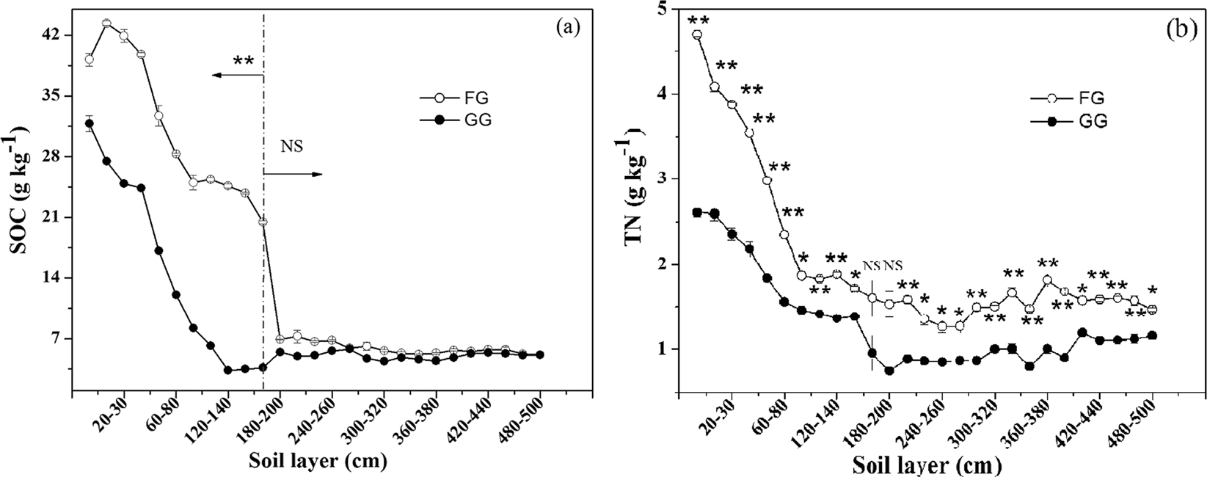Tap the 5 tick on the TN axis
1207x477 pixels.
point(669,9)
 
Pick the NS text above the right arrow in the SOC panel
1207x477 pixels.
point(291,146)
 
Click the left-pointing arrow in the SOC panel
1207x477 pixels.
point(234,75)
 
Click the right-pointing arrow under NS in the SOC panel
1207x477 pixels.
point(293,174)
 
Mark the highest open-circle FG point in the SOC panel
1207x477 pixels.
point(106,23)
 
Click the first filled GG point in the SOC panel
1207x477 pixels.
point(89,123)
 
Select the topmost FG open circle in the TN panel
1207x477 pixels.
point(697,34)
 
